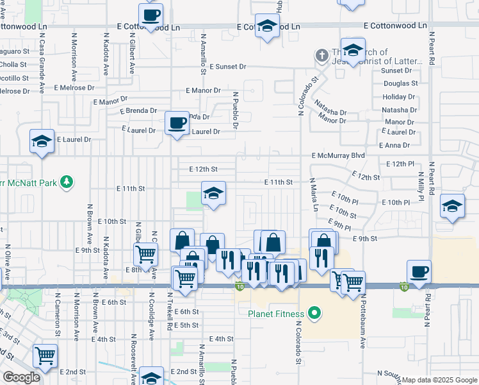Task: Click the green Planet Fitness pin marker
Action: tap(314, 314)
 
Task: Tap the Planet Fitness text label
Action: tap(277, 314)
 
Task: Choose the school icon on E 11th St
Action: tap(214, 193)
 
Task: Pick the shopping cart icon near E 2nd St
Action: tap(45, 355)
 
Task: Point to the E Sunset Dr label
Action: tap(226, 66)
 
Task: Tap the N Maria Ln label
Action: tap(314, 195)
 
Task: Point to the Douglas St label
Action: tap(400, 83)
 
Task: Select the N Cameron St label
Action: tap(57, 314)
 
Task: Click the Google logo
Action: tap(21, 377)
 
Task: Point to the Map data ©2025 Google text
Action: tap(439, 380)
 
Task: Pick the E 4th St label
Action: tap(222, 338)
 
